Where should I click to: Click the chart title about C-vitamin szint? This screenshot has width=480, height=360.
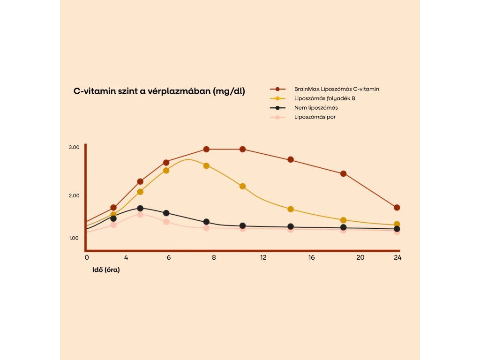click(159, 91)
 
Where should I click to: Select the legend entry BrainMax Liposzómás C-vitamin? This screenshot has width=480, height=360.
click(337, 89)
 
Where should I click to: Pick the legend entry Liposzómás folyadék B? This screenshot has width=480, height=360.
click(321, 98)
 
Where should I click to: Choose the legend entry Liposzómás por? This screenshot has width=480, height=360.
click(315, 117)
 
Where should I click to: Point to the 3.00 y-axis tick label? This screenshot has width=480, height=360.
click(74, 148)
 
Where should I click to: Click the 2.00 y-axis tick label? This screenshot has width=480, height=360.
click(74, 195)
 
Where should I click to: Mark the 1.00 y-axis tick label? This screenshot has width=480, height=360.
click(74, 238)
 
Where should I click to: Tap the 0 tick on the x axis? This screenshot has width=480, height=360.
click(87, 257)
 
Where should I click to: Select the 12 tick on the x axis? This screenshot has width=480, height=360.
click(263, 257)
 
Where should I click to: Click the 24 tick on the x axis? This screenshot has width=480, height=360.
click(397, 257)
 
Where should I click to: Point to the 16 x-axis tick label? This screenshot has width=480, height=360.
click(311, 257)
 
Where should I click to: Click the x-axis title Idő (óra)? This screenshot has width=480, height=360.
click(105, 270)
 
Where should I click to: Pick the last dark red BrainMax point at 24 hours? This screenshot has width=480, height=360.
click(397, 208)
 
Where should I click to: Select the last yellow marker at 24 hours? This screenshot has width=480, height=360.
click(397, 225)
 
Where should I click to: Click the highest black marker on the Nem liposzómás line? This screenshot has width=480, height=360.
click(140, 209)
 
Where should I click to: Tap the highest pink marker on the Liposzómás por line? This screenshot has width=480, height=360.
click(140, 215)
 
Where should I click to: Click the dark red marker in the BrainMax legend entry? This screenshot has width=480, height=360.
click(277, 89)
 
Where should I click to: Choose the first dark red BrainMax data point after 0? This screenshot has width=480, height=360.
click(113, 208)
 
